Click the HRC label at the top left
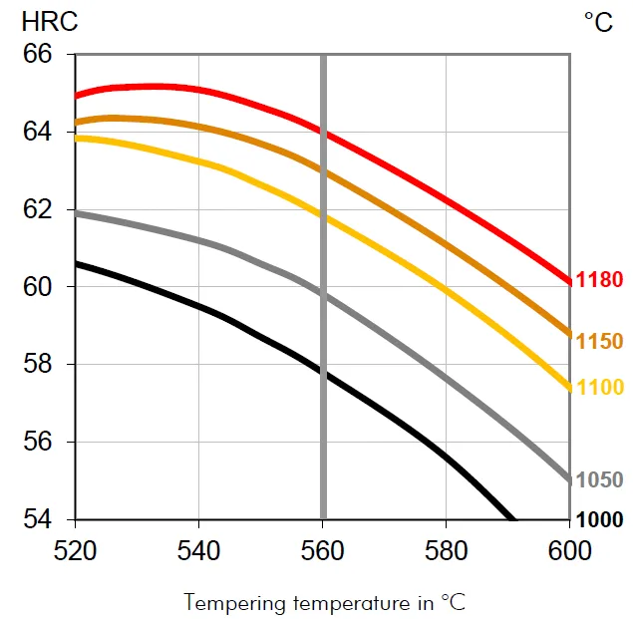tap(44, 21)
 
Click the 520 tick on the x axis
tap(76, 549)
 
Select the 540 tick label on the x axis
tap(199, 549)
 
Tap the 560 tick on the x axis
tap(323, 549)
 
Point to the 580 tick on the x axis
tap(447, 549)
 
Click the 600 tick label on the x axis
tap(570, 549)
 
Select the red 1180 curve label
tap(599, 280)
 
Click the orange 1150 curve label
tap(599, 342)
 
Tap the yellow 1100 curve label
tap(599, 387)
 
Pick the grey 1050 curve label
tap(599, 480)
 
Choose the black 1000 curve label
tap(599, 520)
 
